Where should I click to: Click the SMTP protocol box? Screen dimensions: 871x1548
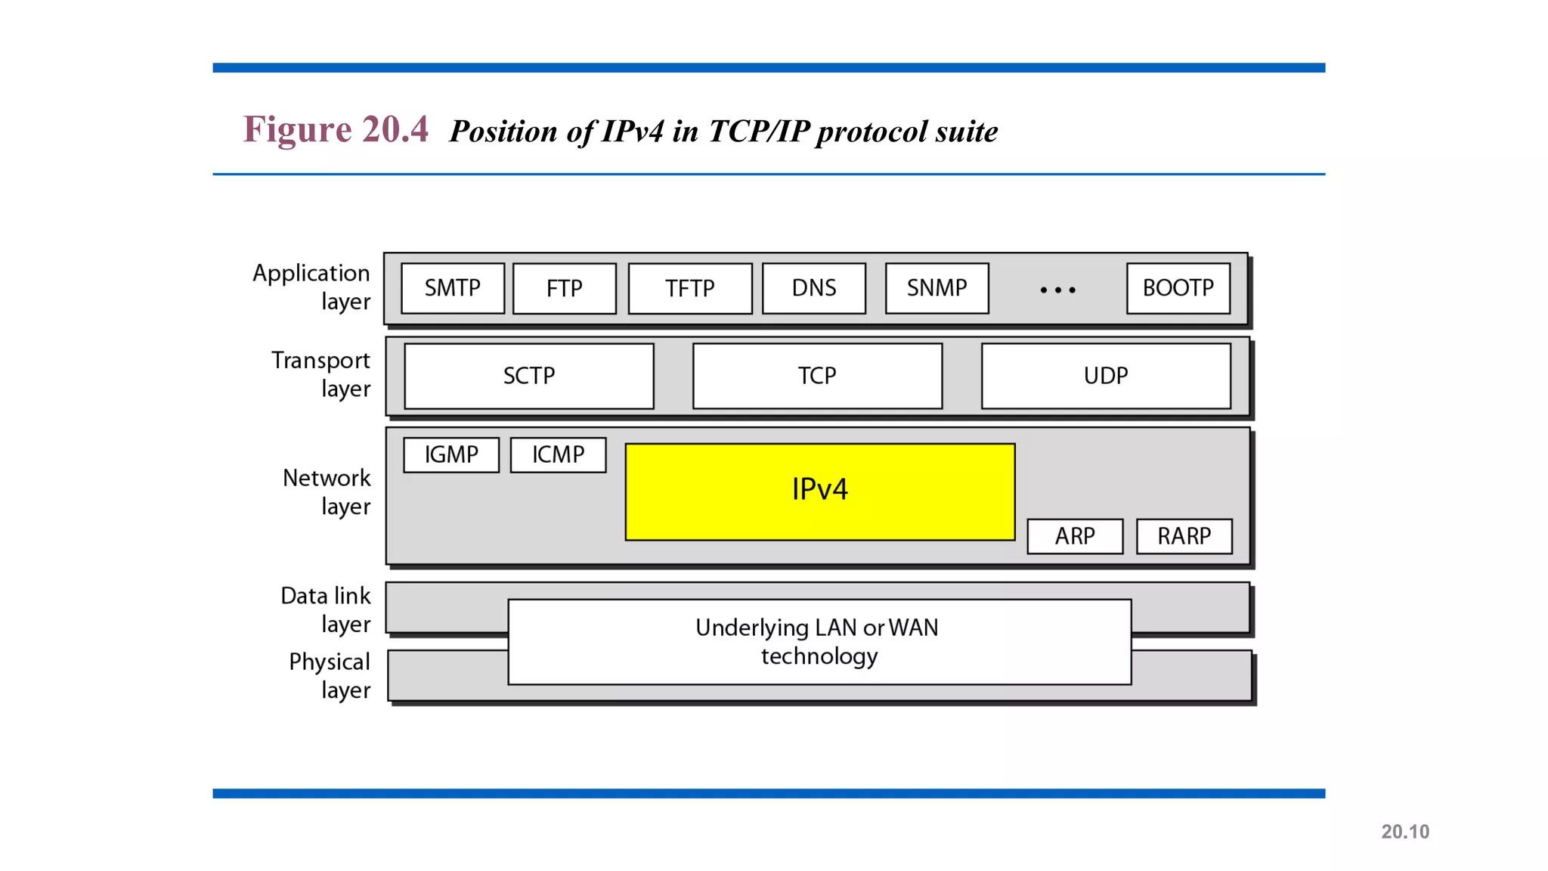click(x=452, y=288)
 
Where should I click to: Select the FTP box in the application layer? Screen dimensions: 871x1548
click(x=564, y=288)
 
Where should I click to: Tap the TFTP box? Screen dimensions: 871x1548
click(x=689, y=288)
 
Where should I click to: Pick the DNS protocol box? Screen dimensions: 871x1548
click(x=813, y=288)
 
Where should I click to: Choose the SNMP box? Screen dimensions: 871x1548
click(x=937, y=288)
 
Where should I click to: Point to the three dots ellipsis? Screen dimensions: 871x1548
click(x=1057, y=290)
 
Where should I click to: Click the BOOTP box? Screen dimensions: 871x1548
click(x=1178, y=288)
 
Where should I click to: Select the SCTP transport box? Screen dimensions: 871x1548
click(x=529, y=376)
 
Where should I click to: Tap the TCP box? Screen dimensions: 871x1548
click(x=817, y=376)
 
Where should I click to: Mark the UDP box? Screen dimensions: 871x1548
click(x=1106, y=376)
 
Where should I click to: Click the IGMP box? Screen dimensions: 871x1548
click(x=451, y=454)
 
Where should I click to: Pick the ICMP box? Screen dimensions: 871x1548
click(x=558, y=454)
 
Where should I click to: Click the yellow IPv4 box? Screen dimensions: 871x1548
click(x=820, y=491)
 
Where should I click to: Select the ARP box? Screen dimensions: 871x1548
click(x=1075, y=536)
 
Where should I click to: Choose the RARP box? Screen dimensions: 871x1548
click(x=1184, y=536)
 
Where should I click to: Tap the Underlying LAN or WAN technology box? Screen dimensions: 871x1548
click(x=819, y=642)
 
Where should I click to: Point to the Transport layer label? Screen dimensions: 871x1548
click(x=321, y=374)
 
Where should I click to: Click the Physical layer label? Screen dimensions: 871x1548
click(x=330, y=675)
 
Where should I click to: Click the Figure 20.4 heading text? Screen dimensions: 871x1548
click(x=336, y=129)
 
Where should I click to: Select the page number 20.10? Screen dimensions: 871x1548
click(x=1405, y=832)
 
